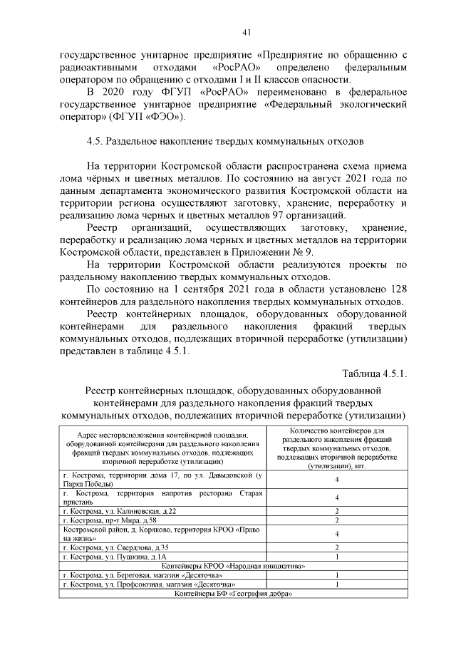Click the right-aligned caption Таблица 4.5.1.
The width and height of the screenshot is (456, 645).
click(x=374, y=374)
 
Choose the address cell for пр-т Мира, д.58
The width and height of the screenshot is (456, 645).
click(x=162, y=521)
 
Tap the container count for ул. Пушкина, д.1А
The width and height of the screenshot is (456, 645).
click(x=336, y=557)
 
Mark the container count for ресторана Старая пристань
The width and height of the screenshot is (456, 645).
click(x=336, y=497)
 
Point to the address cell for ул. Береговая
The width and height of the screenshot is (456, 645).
click(x=162, y=575)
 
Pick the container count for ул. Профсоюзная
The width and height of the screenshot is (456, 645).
click(x=336, y=584)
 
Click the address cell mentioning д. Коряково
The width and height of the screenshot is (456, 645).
click(x=162, y=534)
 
